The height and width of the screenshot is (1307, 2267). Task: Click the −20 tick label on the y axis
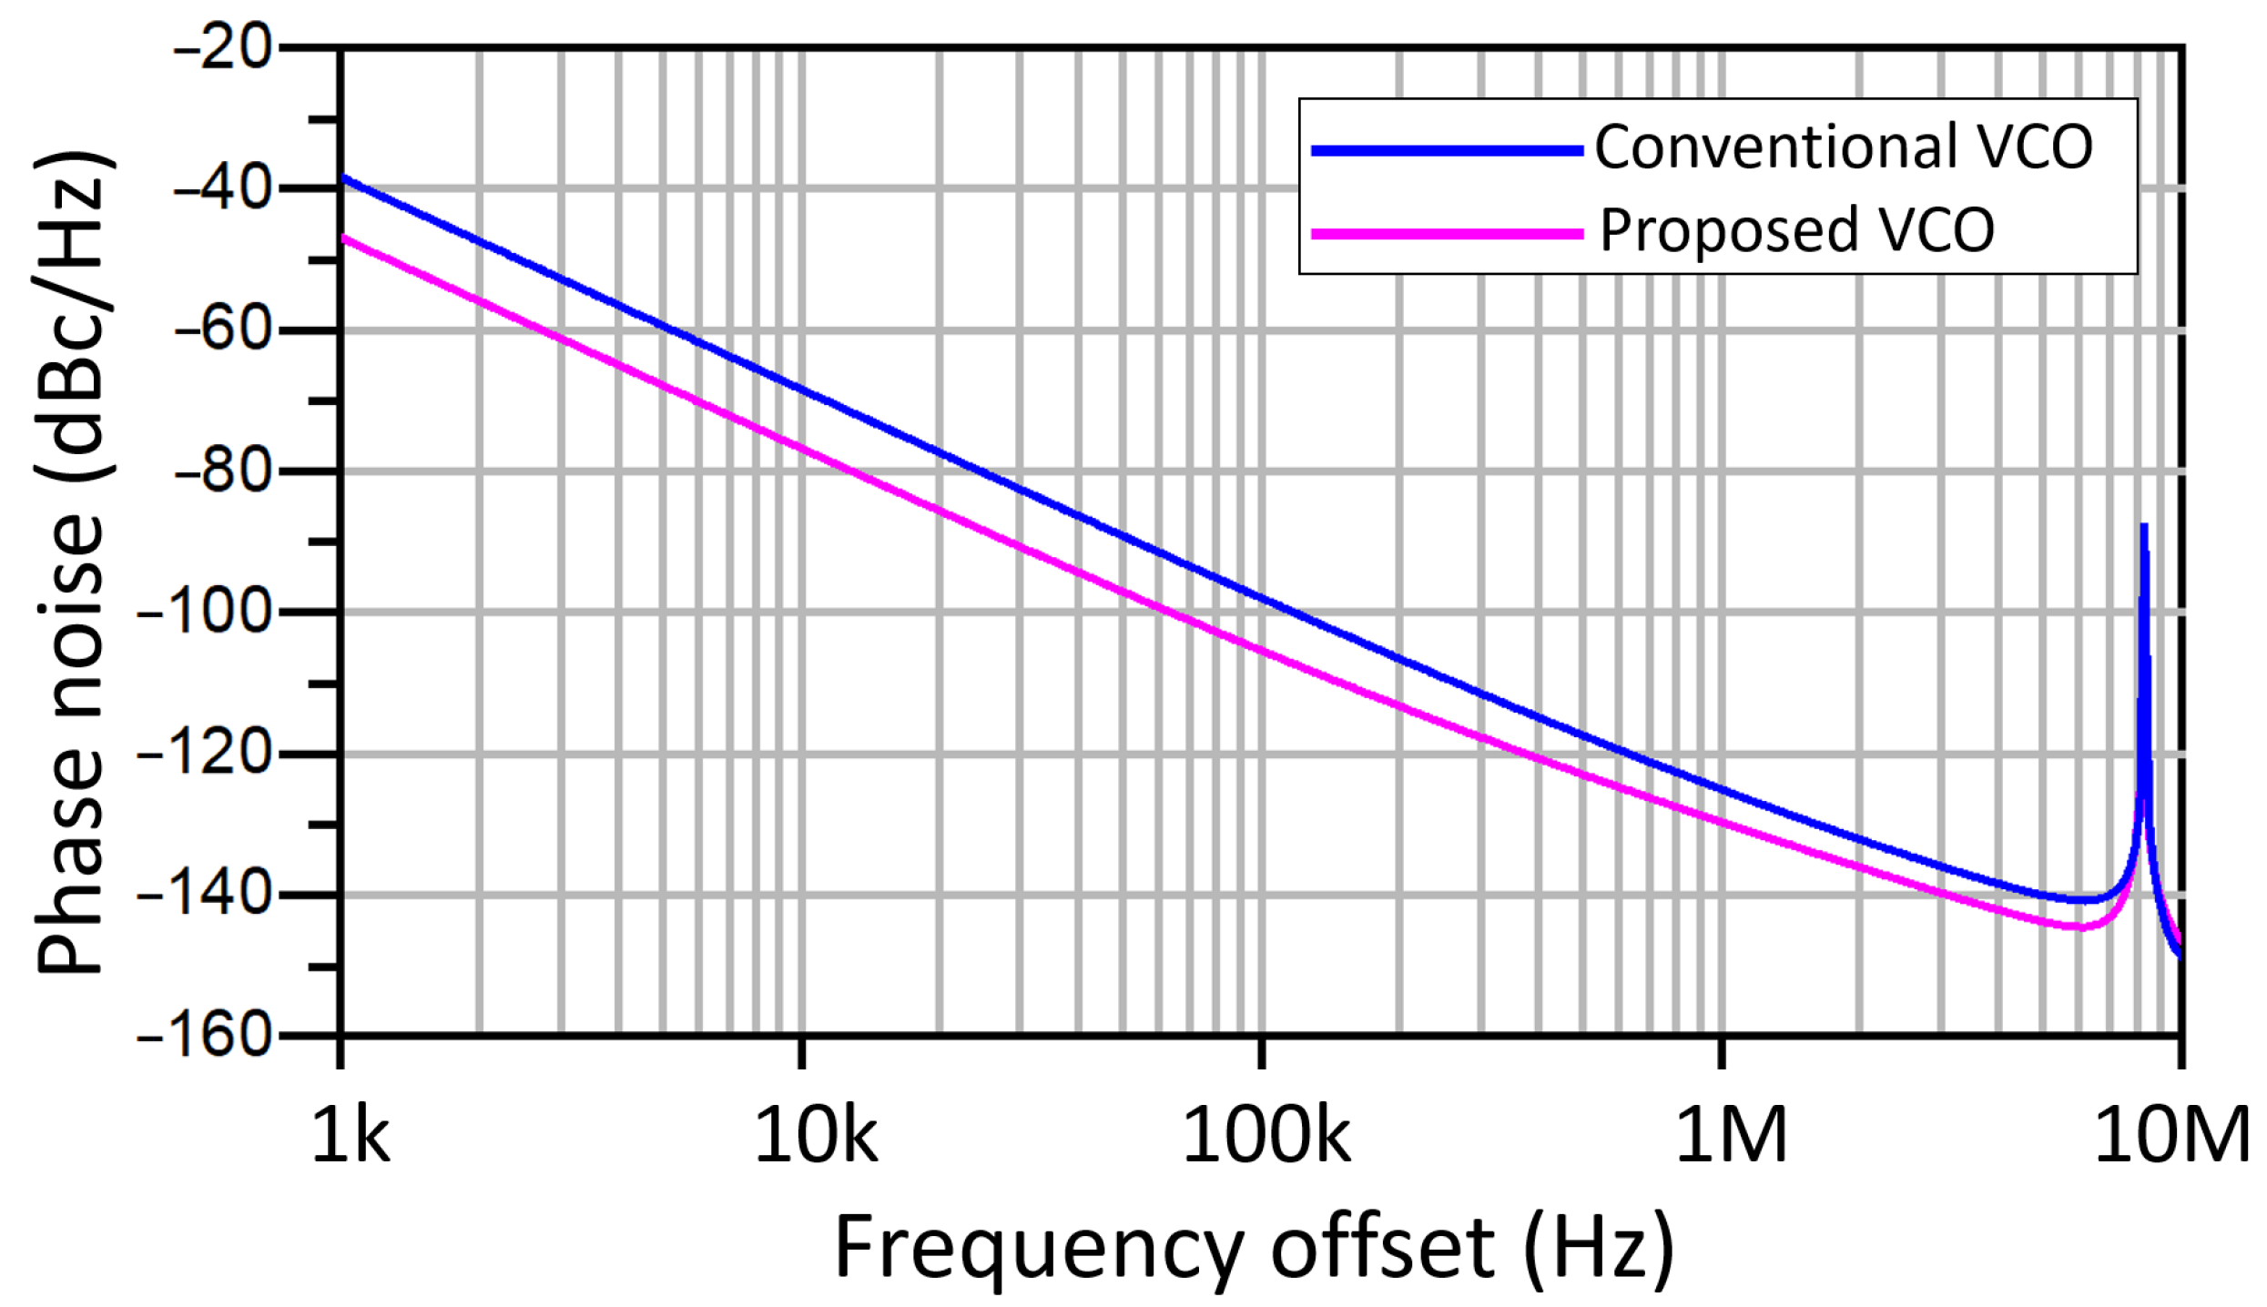click(223, 46)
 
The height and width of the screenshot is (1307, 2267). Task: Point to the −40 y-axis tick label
click(223, 188)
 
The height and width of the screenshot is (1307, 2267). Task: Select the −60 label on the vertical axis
click(223, 329)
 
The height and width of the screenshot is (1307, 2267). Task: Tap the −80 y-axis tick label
click(223, 471)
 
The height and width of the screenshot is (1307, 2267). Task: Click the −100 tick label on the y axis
click(205, 612)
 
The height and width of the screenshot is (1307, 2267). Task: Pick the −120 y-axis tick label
click(205, 754)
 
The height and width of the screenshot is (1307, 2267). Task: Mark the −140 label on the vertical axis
click(205, 895)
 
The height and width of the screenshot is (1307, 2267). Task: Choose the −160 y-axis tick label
click(205, 1036)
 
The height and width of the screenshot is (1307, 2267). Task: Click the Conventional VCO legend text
click(1844, 147)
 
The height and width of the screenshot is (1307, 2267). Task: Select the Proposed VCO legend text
click(1797, 230)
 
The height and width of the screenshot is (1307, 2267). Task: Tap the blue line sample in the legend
click(1447, 151)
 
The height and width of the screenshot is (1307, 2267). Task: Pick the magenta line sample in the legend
click(1447, 234)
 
